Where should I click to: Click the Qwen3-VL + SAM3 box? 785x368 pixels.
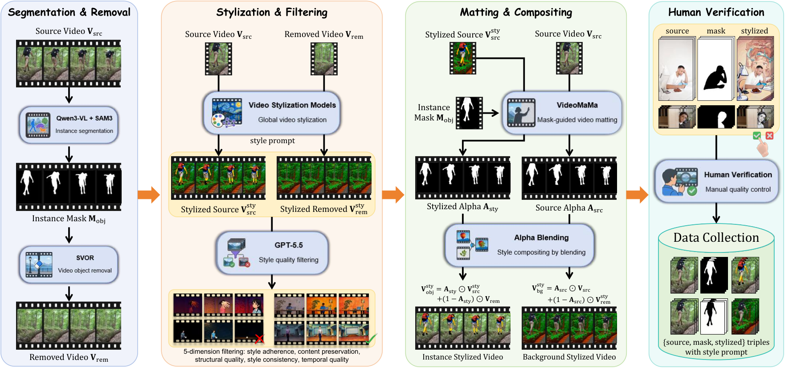(x=69, y=125)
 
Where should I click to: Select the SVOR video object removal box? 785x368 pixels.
(x=69, y=265)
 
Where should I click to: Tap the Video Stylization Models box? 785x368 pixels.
(x=272, y=113)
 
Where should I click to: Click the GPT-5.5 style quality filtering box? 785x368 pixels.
(x=272, y=253)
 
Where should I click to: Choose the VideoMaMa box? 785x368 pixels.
(x=562, y=113)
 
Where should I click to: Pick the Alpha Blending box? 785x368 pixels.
(x=520, y=245)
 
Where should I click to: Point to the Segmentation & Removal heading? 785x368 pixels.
(x=70, y=12)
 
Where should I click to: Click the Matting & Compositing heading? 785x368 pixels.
(x=516, y=12)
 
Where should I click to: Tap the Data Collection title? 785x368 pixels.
(x=716, y=237)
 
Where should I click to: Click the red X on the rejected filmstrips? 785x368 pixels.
(x=259, y=339)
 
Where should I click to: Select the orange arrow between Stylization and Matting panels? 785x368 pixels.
(x=393, y=194)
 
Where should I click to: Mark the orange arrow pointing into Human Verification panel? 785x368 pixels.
(x=637, y=195)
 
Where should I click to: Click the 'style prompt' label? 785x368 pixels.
(x=273, y=141)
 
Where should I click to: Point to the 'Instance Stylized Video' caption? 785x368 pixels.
(x=462, y=357)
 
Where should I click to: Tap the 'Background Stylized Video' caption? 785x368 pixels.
(x=569, y=357)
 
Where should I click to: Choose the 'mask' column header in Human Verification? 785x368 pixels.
(x=716, y=31)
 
